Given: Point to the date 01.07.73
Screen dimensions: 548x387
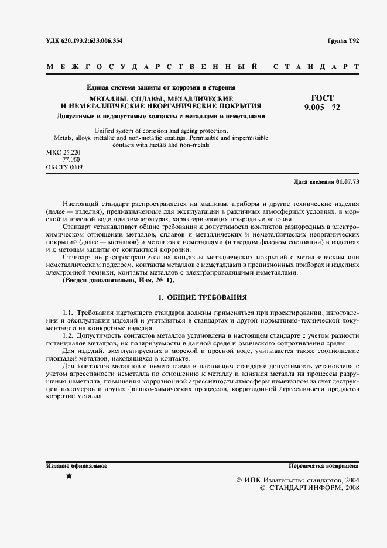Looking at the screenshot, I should coord(348,182).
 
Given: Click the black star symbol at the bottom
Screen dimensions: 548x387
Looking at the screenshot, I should coord(69,476).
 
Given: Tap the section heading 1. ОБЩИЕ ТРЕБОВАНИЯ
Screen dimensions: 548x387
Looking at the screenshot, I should coord(203,297).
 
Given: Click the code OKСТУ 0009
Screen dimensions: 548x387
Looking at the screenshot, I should coord(64,167).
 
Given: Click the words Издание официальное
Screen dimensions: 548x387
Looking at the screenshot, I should coord(76,466).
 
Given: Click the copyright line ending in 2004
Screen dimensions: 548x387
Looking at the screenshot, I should coord(297,479).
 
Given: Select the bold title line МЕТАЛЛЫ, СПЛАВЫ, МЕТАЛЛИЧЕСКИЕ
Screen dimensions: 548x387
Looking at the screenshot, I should coord(162,98).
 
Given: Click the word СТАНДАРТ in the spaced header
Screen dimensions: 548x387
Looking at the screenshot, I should coord(317,67).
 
